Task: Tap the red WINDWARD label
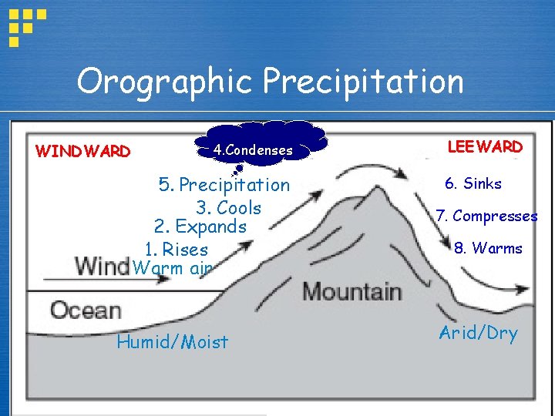(x=83, y=152)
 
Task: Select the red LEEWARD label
(x=485, y=146)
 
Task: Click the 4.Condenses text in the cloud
(x=254, y=150)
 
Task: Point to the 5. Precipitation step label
(x=224, y=185)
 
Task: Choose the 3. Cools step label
(x=229, y=208)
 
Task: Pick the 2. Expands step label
(x=200, y=227)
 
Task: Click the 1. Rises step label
(x=177, y=250)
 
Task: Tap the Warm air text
(x=172, y=269)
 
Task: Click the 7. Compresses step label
(x=486, y=216)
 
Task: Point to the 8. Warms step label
(x=488, y=249)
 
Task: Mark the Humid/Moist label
(x=173, y=342)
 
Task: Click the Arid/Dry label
(x=479, y=333)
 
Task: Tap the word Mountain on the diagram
(x=352, y=292)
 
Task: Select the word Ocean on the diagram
(x=86, y=310)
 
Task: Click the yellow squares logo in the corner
(x=26, y=23)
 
